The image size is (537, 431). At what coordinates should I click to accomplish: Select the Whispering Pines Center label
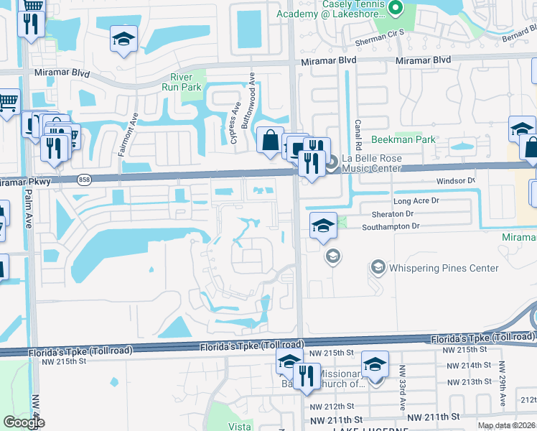pos(443,268)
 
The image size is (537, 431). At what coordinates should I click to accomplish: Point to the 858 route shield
pos(84,181)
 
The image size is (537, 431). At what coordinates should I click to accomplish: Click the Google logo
pos(24,422)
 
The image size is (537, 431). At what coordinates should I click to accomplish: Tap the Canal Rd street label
pos(357,130)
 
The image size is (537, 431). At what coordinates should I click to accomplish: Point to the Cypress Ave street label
pos(235,122)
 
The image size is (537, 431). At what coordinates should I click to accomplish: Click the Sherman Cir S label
pos(381,32)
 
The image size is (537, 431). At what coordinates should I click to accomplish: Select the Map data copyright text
pos(505,425)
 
